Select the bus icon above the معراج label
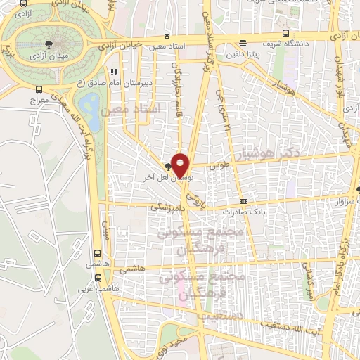pos(39,89)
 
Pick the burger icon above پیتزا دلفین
pos(243,42)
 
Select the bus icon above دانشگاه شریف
pos(285,32)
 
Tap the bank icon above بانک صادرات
pos(243,202)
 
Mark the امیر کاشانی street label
pos(307,280)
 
